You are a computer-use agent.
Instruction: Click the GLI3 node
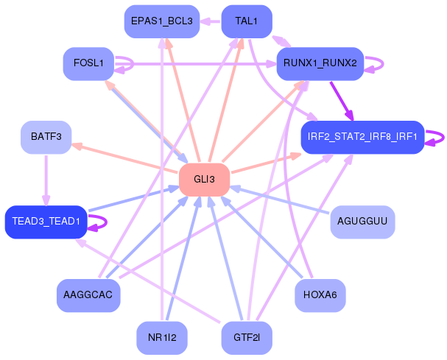pos(204,180)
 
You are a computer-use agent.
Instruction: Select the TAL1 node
pos(247,21)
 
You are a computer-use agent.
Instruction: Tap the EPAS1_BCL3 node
pos(161,21)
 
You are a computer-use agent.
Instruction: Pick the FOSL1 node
pos(88,63)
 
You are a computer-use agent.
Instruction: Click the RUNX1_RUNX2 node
pos(320,63)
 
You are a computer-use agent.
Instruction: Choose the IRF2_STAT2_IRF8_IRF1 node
pos(362,138)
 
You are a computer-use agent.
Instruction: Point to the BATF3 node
pos(46,138)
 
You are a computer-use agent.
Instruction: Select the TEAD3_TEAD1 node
pos(46,222)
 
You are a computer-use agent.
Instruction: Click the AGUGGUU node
pos(362,222)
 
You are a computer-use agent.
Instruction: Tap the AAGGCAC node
pos(88,295)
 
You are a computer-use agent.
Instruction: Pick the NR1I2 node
pos(161,338)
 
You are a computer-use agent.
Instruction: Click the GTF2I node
pos(247,338)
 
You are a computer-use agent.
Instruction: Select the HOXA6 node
pos(320,295)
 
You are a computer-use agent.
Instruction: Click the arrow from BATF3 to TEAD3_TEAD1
pos(46,180)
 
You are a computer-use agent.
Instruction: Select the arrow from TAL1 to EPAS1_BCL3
pos(211,21)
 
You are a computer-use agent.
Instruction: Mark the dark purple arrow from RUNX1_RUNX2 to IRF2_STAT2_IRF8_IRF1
pos(342,101)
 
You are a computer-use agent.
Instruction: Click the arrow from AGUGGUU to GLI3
pos(280,200)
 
